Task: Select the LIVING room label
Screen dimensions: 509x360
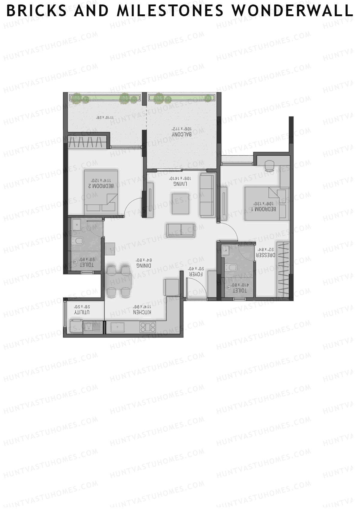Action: tap(180, 183)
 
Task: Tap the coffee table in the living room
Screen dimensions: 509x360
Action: tap(180, 204)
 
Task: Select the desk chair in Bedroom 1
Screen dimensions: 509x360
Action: tap(269, 165)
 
